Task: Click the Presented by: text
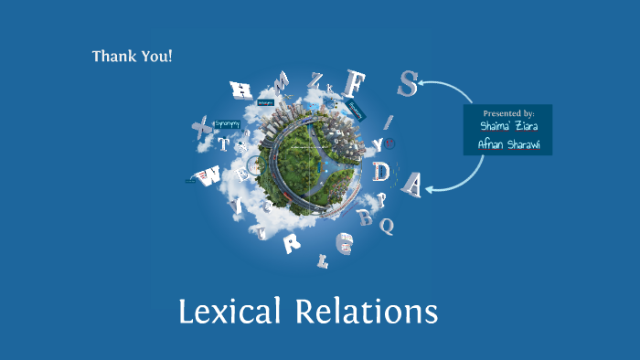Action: [x=508, y=113]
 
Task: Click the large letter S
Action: [x=408, y=84]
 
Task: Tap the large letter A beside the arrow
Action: [x=412, y=185]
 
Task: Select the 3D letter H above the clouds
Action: [x=241, y=90]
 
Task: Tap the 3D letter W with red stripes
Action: [x=211, y=175]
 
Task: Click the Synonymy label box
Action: [x=227, y=123]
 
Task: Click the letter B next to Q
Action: [x=367, y=218]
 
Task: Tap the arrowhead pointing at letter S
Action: [x=424, y=84]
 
